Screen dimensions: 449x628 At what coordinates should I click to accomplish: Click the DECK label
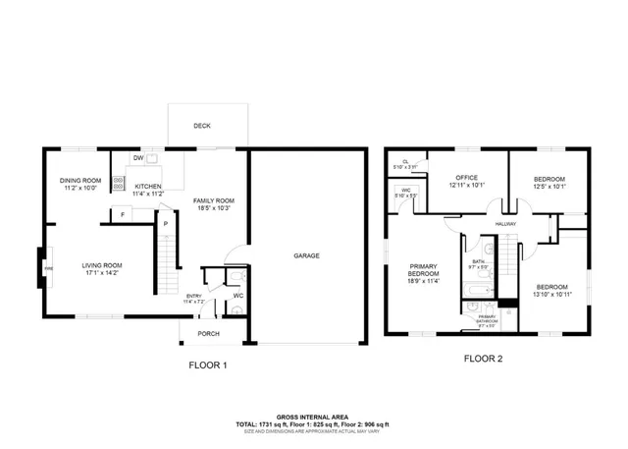[202, 125]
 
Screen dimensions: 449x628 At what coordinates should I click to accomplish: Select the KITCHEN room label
[148, 186]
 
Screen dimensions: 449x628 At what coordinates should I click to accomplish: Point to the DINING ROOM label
[81, 180]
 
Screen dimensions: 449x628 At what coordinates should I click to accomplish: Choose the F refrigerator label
[123, 214]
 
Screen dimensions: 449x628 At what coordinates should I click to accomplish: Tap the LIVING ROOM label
[101, 264]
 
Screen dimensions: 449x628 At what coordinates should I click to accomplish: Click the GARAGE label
[306, 255]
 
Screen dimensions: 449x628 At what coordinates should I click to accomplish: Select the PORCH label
[208, 334]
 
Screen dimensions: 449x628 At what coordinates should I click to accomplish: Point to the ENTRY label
[194, 296]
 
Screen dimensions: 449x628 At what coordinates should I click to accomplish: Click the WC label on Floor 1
[237, 296]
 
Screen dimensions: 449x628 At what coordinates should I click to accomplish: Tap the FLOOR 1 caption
[208, 365]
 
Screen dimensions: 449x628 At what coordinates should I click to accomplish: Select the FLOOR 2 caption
[483, 359]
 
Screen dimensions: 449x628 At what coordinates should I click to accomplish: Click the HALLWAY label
[505, 224]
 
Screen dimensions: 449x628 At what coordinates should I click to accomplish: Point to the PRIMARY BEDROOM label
[424, 269]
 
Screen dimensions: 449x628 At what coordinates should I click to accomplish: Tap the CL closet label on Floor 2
[405, 162]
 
